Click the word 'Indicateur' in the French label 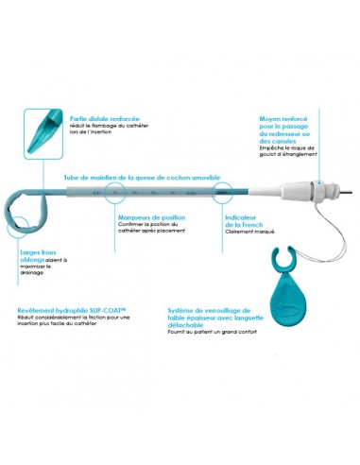pyautogui.click(x=242, y=216)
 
